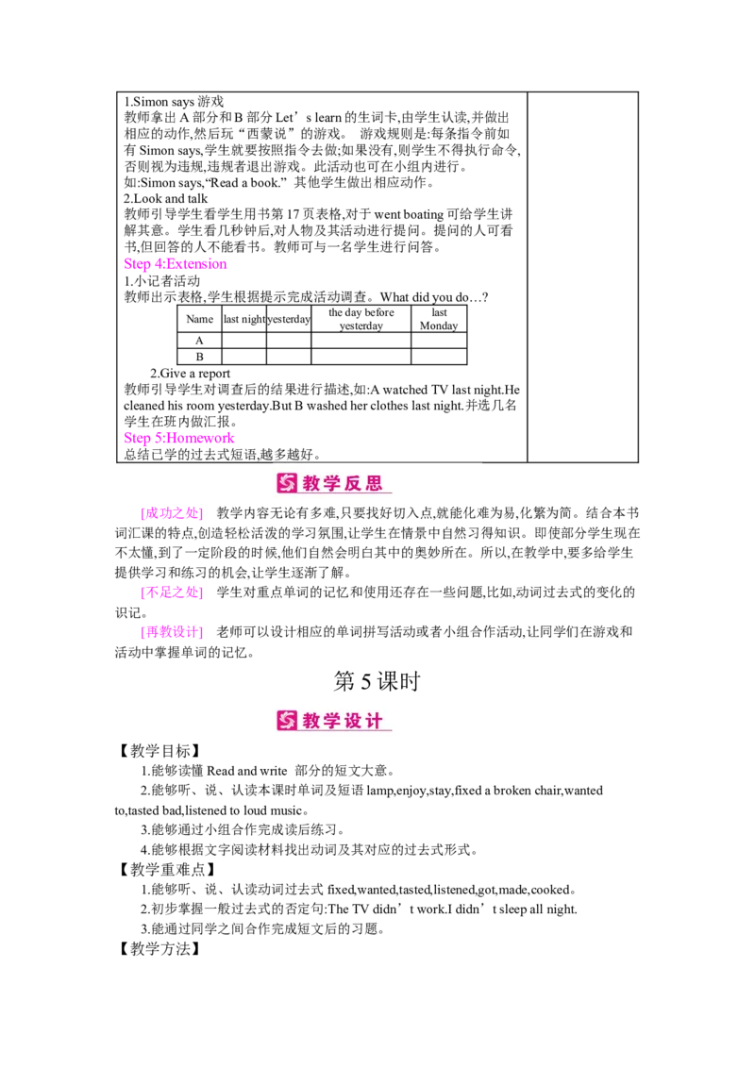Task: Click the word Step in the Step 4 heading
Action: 136,265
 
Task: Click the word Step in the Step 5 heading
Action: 136,438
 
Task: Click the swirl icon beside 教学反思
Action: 287,484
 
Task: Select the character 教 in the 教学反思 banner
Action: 312,484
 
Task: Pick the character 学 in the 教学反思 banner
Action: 333,484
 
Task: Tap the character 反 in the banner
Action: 354,484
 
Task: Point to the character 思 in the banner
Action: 375,484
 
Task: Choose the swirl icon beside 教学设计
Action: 287,722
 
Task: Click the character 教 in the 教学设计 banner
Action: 312,722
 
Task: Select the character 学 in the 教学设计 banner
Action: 333,722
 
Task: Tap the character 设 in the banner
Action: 354,722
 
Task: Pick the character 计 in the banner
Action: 375,722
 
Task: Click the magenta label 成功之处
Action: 171,514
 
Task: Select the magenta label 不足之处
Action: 171,593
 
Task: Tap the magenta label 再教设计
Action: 171,633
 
